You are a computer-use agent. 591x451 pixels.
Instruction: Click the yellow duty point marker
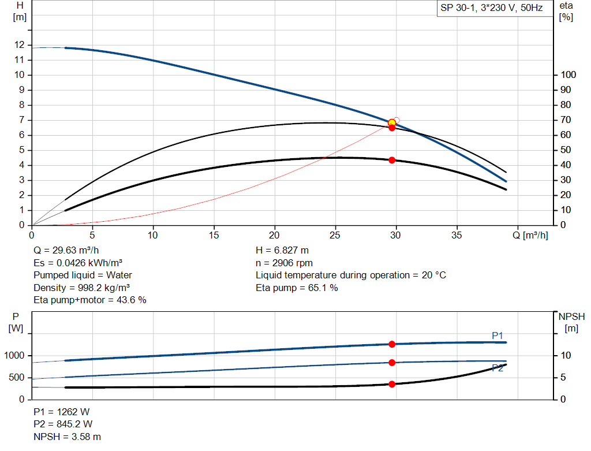[392, 122]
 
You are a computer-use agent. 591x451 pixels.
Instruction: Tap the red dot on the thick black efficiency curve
[392, 160]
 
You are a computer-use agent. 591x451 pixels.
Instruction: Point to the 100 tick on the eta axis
[568, 74]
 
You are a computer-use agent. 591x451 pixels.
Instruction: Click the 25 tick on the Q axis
[335, 235]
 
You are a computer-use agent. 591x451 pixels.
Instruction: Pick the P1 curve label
[498, 335]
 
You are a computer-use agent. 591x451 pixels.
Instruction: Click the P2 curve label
[498, 368]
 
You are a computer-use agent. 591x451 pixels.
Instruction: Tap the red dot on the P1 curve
[392, 344]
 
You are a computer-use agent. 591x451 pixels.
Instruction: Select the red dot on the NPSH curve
[392, 384]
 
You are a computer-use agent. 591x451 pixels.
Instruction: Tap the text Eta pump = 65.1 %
[297, 288]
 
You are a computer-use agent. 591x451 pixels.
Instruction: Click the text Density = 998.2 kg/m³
[81, 288]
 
